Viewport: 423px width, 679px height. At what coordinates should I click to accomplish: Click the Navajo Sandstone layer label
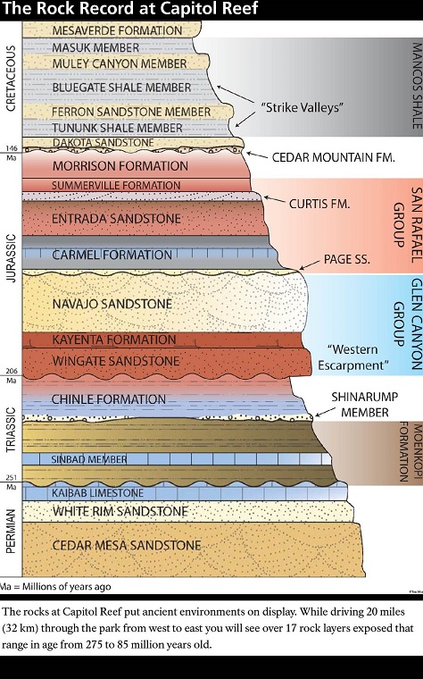click(112, 304)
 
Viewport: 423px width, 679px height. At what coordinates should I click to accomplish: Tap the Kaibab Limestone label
click(98, 493)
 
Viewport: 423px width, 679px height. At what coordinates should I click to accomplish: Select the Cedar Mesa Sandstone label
click(127, 545)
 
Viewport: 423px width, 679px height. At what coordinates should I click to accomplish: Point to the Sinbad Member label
click(89, 459)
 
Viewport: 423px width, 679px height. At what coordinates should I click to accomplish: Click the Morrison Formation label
click(120, 166)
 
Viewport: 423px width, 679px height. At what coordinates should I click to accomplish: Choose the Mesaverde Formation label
click(117, 30)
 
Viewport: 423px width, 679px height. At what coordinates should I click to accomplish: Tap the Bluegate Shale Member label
click(121, 88)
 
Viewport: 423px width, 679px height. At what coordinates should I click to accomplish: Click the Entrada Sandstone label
click(116, 219)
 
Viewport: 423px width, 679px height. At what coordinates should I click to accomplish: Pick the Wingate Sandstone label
click(116, 361)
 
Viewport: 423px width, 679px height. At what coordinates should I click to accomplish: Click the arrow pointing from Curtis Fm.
click(275, 199)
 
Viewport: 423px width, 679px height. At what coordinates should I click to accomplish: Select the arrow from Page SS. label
click(310, 264)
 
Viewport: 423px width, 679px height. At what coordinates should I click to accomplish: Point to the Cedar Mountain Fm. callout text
click(334, 157)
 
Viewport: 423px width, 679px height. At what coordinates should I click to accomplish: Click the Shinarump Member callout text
click(365, 405)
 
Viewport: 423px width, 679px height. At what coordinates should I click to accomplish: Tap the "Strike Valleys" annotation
click(302, 107)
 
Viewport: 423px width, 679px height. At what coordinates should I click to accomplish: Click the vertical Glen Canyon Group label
click(408, 325)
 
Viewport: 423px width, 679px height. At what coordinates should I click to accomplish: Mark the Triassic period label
click(11, 430)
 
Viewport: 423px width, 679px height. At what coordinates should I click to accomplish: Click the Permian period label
click(11, 532)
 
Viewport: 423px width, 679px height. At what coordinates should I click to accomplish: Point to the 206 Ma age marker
click(12, 375)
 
